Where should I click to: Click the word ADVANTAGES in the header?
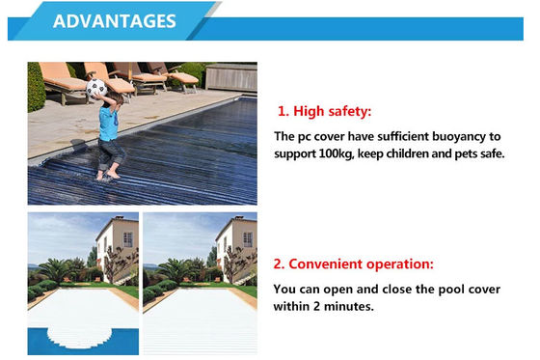click(x=113, y=21)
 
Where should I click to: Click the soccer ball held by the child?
click(x=96, y=89)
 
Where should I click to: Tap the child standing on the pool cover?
click(x=107, y=130)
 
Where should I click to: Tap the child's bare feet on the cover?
click(x=110, y=174)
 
